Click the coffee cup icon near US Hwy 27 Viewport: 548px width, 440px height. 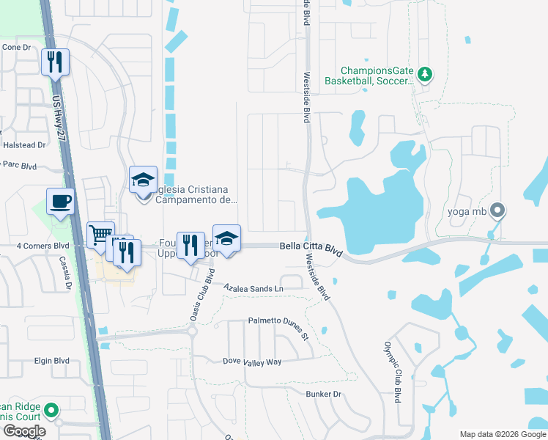pyautogui.click(x=60, y=200)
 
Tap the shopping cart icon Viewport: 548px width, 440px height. pyautogui.click(x=100, y=235)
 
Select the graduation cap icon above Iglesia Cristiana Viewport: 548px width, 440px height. pyautogui.click(x=143, y=178)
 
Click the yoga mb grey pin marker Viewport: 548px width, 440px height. pyautogui.click(x=498, y=212)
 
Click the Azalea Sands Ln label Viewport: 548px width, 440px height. pyautogui.click(x=253, y=288)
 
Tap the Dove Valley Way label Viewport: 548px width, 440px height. pyautogui.click(x=252, y=362)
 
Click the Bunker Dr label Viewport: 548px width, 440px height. pyautogui.click(x=324, y=394)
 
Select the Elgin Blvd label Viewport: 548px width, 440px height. pyautogui.click(x=51, y=361)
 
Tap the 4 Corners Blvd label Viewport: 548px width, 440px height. pyautogui.click(x=42, y=246)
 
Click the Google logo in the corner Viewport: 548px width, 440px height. pyautogui.click(x=24, y=431)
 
